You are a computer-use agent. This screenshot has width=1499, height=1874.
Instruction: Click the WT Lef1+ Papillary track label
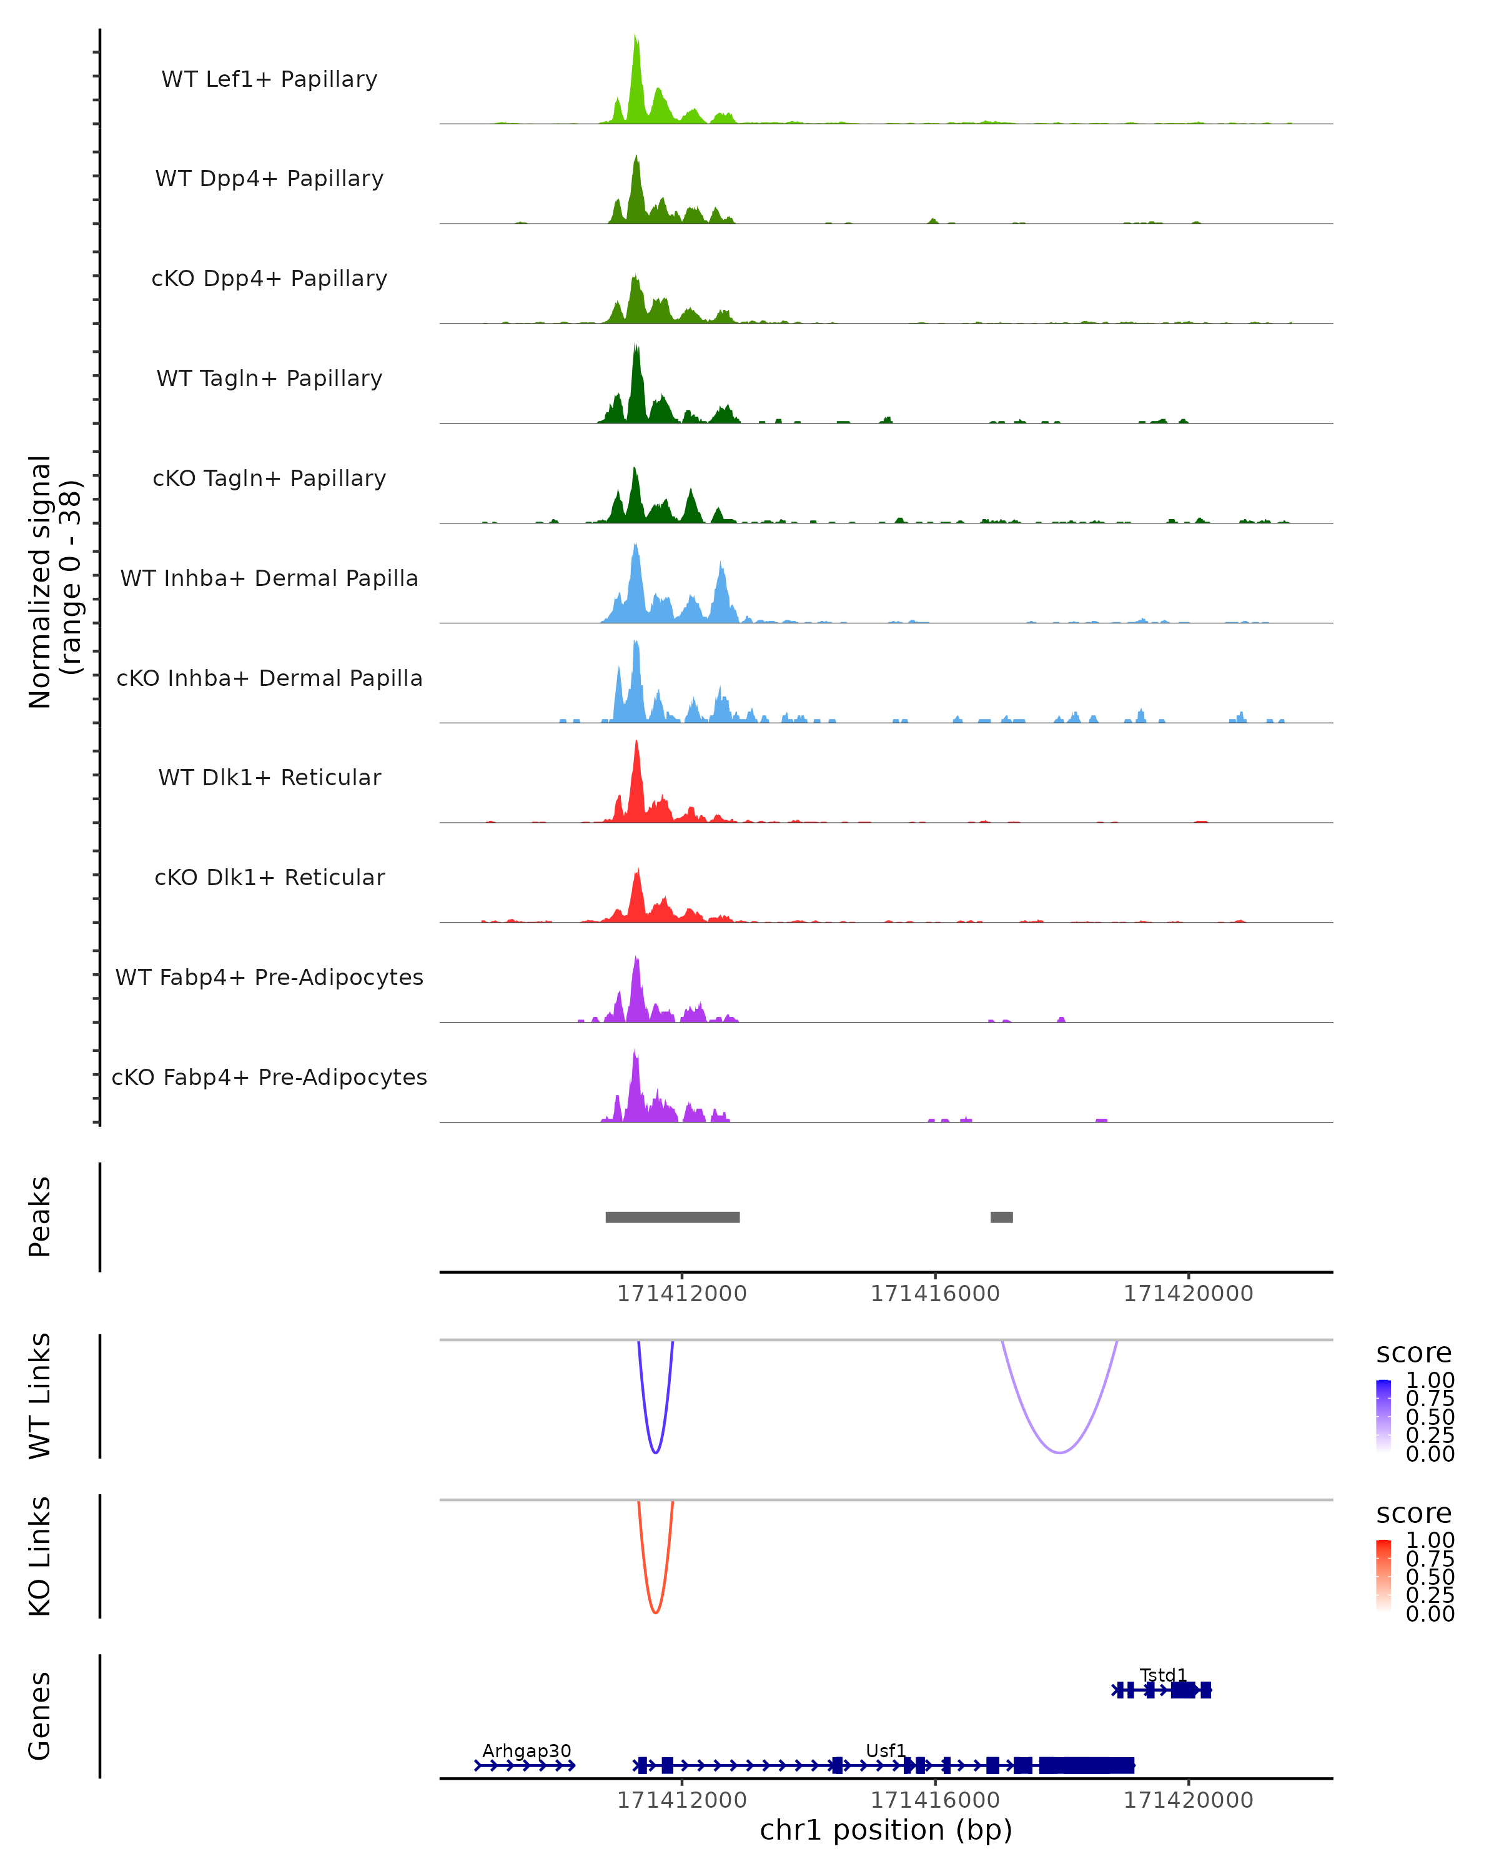pos(269,79)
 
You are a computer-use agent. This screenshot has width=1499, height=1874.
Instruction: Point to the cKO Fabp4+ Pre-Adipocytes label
pos(269,1077)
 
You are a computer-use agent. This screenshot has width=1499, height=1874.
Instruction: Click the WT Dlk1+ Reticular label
pos(269,777)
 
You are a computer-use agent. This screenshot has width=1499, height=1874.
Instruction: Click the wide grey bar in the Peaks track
pos(673,1217)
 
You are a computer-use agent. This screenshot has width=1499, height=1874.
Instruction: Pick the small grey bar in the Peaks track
pos(1001,1217)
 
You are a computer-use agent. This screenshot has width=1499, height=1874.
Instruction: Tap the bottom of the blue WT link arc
pos(655,1452)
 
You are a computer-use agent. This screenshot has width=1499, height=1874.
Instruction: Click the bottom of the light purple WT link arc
pos(1059,1452)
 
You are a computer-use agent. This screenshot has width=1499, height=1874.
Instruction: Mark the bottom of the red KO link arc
pos(655,1612)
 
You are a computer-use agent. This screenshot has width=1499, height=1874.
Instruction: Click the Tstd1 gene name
pos(1163,1675)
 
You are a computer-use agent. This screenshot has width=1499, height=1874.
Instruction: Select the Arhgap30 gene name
pos(527,1750)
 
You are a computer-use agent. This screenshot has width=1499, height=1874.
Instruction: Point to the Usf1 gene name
pos(886,1750)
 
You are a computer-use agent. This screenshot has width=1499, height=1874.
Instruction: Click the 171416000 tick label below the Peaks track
pos(935,1294)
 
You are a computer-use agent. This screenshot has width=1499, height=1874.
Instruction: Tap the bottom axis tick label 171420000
pos(1188,1800)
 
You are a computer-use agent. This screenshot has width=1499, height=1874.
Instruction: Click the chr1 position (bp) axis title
pos(886,1830)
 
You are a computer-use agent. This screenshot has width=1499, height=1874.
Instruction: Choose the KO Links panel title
pos(40,1557)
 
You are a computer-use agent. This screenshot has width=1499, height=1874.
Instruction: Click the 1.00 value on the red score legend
pos(1430,1540)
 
